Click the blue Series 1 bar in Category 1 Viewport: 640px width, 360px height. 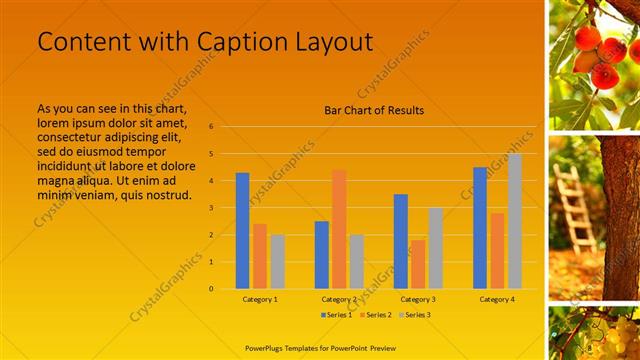pos(242,231)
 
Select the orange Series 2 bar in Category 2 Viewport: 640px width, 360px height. pos(339,229)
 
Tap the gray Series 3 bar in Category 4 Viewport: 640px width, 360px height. pos(515,221)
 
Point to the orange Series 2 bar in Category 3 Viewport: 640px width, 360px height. pos(418,264)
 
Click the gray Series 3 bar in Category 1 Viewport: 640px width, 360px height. pos(277,262)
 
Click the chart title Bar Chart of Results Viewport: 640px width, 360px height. pos(374,110)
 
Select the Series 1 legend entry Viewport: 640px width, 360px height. pos(335,315)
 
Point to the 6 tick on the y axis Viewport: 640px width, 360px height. pos(211,127)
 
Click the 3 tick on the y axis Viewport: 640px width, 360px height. pos(211,208)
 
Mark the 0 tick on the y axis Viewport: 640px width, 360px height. pos(211,289)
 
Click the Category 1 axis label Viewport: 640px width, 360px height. pos(260,299)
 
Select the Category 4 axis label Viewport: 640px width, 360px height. pos(497,299)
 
